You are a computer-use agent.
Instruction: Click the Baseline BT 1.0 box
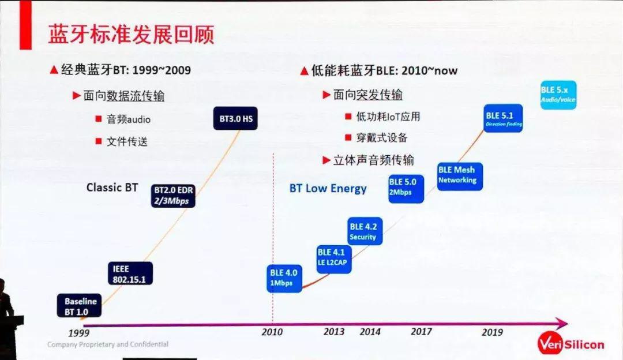point(80,306)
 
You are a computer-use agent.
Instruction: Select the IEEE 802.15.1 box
point(130,273)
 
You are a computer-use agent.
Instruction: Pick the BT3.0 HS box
point(236,118)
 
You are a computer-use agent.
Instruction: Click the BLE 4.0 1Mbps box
point(285,278)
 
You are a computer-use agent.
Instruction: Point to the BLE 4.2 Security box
point(365,231)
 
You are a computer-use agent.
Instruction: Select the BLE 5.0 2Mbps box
point(406,187)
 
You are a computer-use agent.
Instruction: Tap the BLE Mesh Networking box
point(459,175)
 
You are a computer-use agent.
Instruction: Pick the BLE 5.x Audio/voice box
point(558,95)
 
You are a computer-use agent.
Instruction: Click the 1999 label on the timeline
point(78,333)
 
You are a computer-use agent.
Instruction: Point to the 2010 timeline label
point(272,332)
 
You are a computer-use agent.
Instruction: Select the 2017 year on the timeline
point(421,332)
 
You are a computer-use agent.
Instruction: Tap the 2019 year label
point(492,332)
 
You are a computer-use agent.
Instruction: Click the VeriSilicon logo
point(571,344)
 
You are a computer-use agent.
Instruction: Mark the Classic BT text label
point(112,187)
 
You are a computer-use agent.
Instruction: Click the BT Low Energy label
point(328,189)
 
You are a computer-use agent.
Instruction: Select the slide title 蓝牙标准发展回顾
point(131,35)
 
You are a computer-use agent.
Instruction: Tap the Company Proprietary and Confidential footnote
point(108,344)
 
